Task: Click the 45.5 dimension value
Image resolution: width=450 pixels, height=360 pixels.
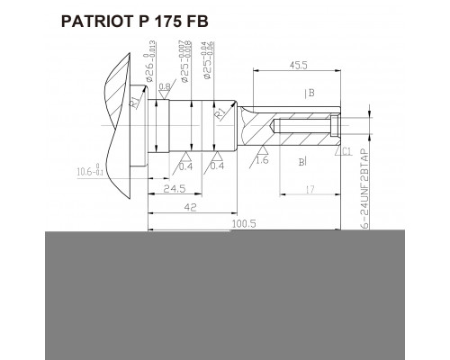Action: click(x=300, y=64)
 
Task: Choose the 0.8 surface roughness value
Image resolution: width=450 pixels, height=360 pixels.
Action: click(x=166, y=87)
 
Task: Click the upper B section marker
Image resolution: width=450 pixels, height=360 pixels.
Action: click(x=309, y=92)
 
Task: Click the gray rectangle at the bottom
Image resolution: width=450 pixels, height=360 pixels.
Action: click(x=225, y=292)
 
